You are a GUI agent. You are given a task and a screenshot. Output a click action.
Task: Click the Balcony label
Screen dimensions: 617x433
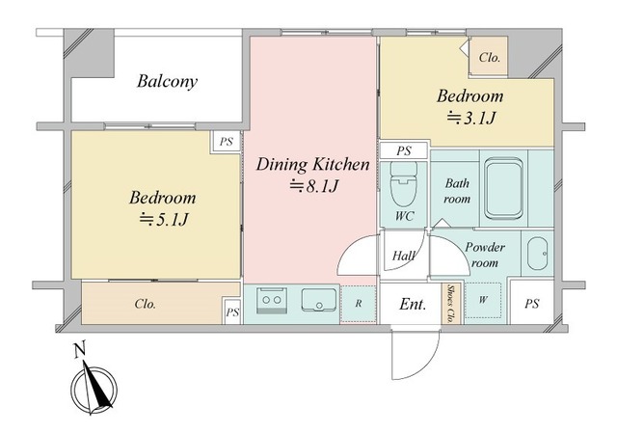click(167, 81)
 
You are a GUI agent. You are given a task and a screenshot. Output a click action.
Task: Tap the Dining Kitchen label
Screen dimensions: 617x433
click(312, 165)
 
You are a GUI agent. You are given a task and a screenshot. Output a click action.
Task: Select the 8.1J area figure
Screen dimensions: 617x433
click(313, 186)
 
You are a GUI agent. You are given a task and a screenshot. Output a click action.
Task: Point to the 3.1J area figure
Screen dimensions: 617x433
click(470, 118)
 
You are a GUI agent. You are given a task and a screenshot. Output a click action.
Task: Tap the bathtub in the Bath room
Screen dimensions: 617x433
click(504, 188)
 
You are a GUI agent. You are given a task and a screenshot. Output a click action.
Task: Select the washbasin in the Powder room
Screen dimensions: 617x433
click(537, 253)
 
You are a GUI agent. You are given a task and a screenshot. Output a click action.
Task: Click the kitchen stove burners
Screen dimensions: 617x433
click(272, 300)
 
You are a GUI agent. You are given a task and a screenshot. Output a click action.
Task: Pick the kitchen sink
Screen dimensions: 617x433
click(319, 300)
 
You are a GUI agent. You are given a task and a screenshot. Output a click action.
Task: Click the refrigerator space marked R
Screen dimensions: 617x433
click(358, 304)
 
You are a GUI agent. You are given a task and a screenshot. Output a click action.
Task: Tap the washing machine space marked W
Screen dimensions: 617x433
click(483, 300)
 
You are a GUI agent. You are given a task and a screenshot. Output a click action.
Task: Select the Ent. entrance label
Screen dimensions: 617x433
click(413, 304)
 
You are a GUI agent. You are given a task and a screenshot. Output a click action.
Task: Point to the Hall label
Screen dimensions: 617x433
click(403, 257)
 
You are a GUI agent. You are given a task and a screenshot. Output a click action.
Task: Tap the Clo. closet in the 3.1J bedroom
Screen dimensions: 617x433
click(489, 56)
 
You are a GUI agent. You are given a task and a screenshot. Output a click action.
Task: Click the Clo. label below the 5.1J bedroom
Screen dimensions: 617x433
click(146, 304)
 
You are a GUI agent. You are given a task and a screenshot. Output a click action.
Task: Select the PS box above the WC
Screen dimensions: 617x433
click(404, 150)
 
